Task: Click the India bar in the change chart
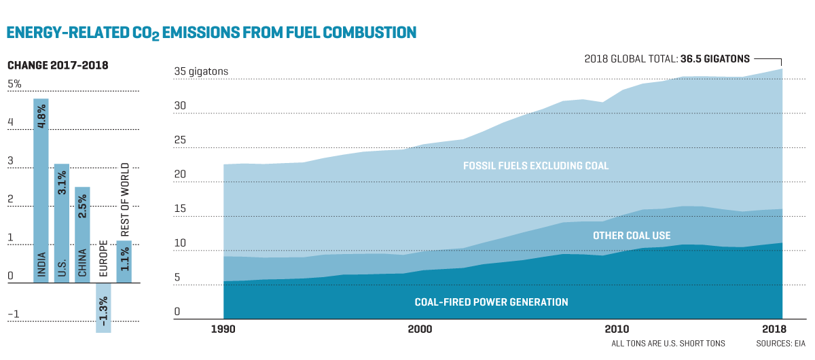click(41, 191)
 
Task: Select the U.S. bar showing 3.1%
click(62, 223)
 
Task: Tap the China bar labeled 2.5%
click(82, 235)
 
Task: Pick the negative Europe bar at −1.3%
click(103, 308)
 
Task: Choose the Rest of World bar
click(124, 262)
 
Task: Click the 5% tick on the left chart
click(14, 84)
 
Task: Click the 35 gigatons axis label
click(201, 71)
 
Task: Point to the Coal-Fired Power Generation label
click(491, 302)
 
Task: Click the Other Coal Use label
click(632, 236)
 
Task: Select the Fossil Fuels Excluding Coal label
click(536, 166)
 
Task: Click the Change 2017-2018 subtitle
click(58, 65)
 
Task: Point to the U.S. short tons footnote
click(668, 344)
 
